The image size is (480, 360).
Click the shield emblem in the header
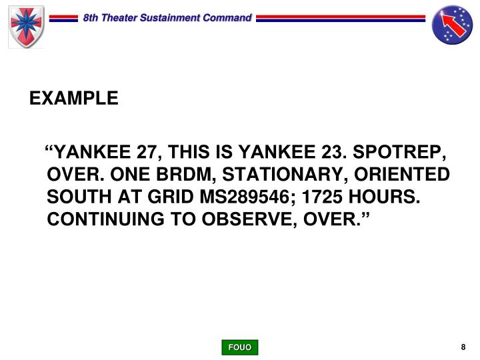click(26, 26)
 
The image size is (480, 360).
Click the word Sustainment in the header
click(172, 18)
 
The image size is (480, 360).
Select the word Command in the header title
click(227, 18)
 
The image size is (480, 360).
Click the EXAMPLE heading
click(74, 99)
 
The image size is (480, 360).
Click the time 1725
click(321, 198)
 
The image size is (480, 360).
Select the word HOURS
click(381, 198)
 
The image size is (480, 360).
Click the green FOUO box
click(240, 347)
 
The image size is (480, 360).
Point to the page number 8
click(463, 347)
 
